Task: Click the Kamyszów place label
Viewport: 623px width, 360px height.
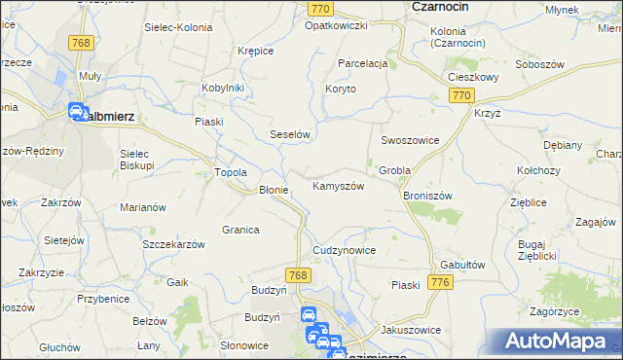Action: click(338, 186)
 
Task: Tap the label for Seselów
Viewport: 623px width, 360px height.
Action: click(289, 135)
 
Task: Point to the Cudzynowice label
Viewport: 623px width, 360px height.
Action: click(344, 250)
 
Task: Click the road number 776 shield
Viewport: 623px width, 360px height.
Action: click(440, 282)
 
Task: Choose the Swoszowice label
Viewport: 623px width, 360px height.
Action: click(410, 140)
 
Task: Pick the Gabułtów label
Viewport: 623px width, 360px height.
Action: click(462, 265)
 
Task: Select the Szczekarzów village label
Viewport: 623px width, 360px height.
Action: click(173, 244)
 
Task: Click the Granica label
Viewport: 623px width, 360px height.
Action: click(239, 230)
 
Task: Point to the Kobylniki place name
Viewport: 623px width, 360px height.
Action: click(223, 87)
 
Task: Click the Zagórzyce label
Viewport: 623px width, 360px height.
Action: click(562, 311)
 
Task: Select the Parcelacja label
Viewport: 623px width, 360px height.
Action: click(363, 63)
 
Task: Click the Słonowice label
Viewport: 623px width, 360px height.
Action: click(243, 345)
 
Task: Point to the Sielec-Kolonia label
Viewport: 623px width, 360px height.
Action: click(176, 27)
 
